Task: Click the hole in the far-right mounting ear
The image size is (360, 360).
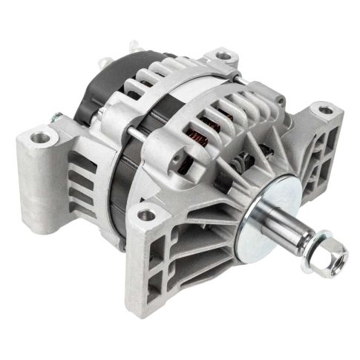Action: coord(324,111)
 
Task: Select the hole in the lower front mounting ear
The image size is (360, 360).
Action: coord(147,215)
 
